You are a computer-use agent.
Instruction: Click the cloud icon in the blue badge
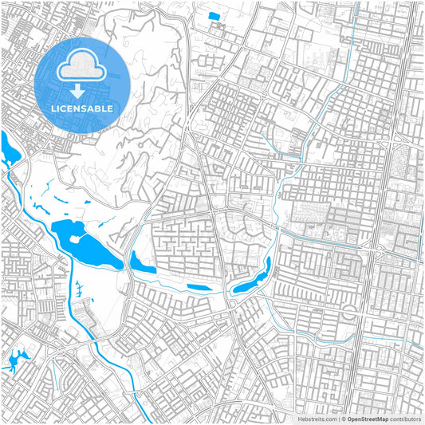pos(80,65)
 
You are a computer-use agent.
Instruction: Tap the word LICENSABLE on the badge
pos(80,108)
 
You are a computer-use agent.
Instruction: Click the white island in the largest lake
pos(78,238)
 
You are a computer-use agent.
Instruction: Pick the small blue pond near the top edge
pos(213,16)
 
